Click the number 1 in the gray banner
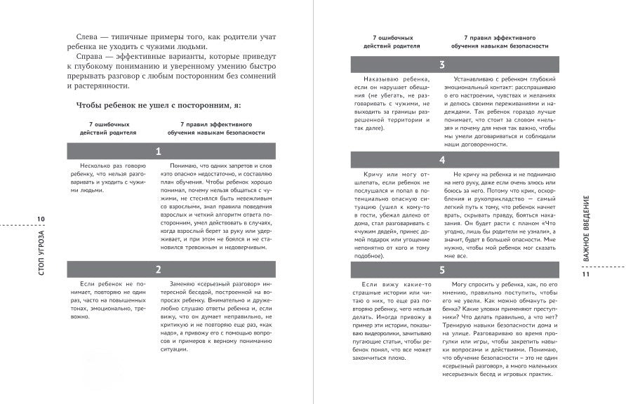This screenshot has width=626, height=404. pos(159,151)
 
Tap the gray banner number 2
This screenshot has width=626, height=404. pos(159,269)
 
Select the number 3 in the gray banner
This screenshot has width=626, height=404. pos(442,65)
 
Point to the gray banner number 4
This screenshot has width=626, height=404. pos(442,160)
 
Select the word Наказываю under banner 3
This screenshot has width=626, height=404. pos(380,81)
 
